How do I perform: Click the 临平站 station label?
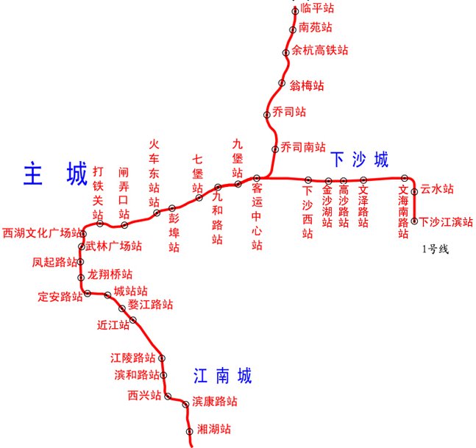click(318, 9)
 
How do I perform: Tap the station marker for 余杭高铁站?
click(287, 51)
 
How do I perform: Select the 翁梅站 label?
click(307, 85)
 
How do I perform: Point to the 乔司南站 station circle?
click(276, 149)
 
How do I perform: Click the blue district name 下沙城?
click(359, 159)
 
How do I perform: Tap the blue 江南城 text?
click(223, 377)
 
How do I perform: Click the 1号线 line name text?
click(435, 249)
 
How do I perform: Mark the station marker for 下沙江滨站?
click(414, 220)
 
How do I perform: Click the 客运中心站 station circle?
click(257, 178)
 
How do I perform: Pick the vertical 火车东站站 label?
click(154, 173)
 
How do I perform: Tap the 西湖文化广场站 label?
click(40, 233)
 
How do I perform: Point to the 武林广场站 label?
click(114, 246)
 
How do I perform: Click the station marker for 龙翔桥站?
click(82, 277)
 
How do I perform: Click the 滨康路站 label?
click(215, 402)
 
